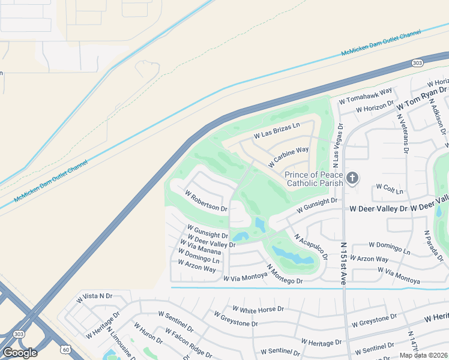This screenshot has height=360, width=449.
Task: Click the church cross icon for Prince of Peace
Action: pos(352,178)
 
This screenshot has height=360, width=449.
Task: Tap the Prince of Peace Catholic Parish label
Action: pos(314,179)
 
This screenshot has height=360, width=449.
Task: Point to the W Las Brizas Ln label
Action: pos(276,132)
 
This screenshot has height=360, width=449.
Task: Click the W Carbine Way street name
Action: pos(288,157)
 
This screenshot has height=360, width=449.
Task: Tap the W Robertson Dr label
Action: pos(206,202)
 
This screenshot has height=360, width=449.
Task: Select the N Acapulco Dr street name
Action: pos(310,246)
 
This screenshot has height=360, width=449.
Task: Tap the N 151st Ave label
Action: pos(343,264)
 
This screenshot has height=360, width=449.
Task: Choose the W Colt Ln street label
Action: pos(390,189)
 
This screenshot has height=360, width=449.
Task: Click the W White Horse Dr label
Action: pos(258,310)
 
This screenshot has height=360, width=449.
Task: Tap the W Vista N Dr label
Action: pos(94,297)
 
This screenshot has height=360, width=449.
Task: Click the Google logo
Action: pos(20,352)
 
